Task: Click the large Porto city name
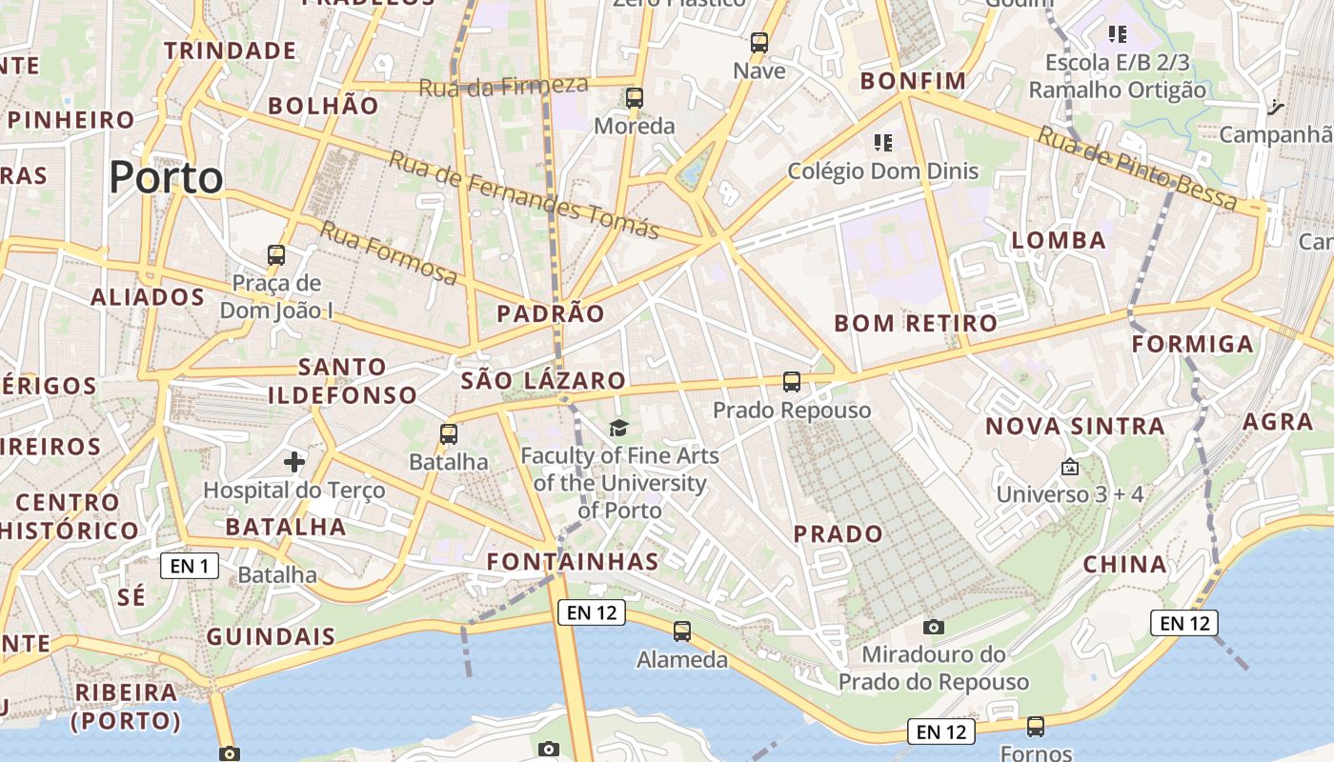click(x=166, y=178)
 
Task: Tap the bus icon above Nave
click(x=759, y=42)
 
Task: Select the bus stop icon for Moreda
click(x=635, y=97)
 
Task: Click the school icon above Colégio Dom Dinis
click(x=883, y=143)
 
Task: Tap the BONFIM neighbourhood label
click(x=913, y=81)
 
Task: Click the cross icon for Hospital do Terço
click(x=294, y=463)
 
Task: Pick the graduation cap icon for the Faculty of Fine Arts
click(x=619, y=428)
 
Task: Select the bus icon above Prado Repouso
click(x=792, y=382)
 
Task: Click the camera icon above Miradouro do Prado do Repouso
click(x=934, y=626)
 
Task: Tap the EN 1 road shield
click(x=190, y=566)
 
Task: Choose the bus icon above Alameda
click(x=682, y=631)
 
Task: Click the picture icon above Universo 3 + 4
click(x=1069, y=467)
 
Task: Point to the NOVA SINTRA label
click(x=1075, y=426)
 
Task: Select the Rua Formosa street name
click(x=388, y=252)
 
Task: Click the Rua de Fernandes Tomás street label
click(x=523, y=194)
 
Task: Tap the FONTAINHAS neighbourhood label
click(x=573, y=562)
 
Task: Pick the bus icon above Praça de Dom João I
click(x=276, y=255)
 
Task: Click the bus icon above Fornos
click(x=1036, y=726)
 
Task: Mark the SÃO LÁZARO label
click(x=543, y=381)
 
